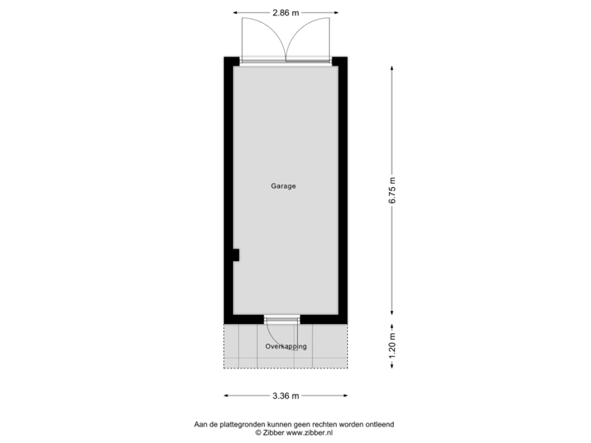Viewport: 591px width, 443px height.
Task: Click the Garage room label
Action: coord(283,186)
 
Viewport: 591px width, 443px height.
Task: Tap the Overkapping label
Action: coord(286,346)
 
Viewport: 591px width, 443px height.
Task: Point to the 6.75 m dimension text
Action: coord(392,190)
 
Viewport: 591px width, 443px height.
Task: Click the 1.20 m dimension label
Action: coord(392,346)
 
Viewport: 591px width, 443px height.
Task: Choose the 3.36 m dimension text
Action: coord(285,396)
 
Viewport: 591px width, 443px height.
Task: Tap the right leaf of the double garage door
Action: coord(308,37)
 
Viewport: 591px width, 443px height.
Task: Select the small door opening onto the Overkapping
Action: coord(282,318)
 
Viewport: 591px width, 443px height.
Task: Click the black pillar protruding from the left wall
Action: coord(235,256)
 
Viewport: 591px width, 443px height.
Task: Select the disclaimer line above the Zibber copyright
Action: coord(294,423)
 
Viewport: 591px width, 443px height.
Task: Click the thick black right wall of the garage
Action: coord(344,189)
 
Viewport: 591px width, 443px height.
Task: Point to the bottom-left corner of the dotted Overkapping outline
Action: coord(223,368)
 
